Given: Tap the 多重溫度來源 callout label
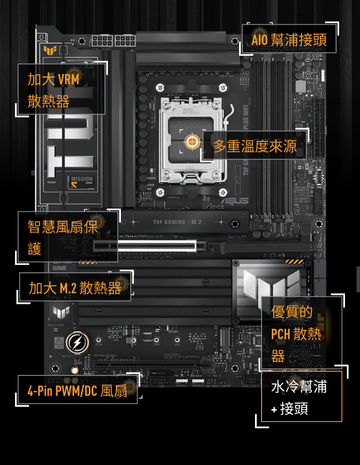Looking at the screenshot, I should pyautogui.click(x=255, y=146).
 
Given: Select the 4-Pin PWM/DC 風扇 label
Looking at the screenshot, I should pyautogui.click(x=77, y=391).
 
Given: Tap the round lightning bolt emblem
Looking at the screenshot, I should pyautogui.click(x=77, y=343).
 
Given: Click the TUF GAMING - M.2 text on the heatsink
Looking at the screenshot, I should pyautogui.click(x=177, y=222).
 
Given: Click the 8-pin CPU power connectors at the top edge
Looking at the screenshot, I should pyautogui.click(x=114, y=41).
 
